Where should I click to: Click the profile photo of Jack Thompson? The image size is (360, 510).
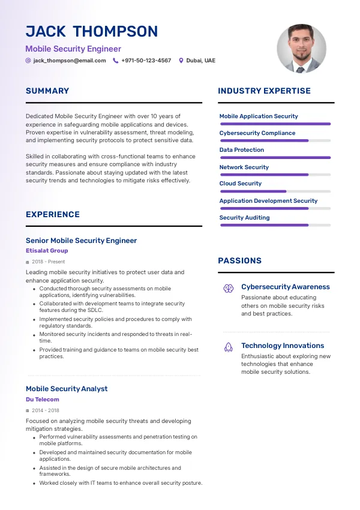301,49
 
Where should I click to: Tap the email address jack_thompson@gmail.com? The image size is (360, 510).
70,61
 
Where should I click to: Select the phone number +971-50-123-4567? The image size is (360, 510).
146,61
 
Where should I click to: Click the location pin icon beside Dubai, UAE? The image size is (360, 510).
181,61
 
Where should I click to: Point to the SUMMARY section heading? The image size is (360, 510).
47,91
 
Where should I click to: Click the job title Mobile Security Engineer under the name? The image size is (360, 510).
73,49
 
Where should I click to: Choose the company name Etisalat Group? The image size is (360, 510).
47,251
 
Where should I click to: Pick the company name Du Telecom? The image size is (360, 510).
43,400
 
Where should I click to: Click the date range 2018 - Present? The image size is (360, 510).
49,262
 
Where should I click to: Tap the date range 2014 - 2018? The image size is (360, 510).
46,410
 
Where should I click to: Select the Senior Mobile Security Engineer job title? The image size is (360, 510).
82,241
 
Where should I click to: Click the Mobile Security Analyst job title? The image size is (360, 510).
67,389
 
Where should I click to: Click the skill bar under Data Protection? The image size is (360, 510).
275,158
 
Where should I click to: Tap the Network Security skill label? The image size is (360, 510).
244,167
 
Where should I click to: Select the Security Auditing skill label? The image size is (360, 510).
245,218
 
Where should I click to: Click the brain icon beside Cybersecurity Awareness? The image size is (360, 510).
229,288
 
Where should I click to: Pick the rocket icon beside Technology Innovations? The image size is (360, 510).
229,347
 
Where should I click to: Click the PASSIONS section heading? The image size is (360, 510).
240,261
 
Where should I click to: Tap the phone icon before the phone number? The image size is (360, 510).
116,61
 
